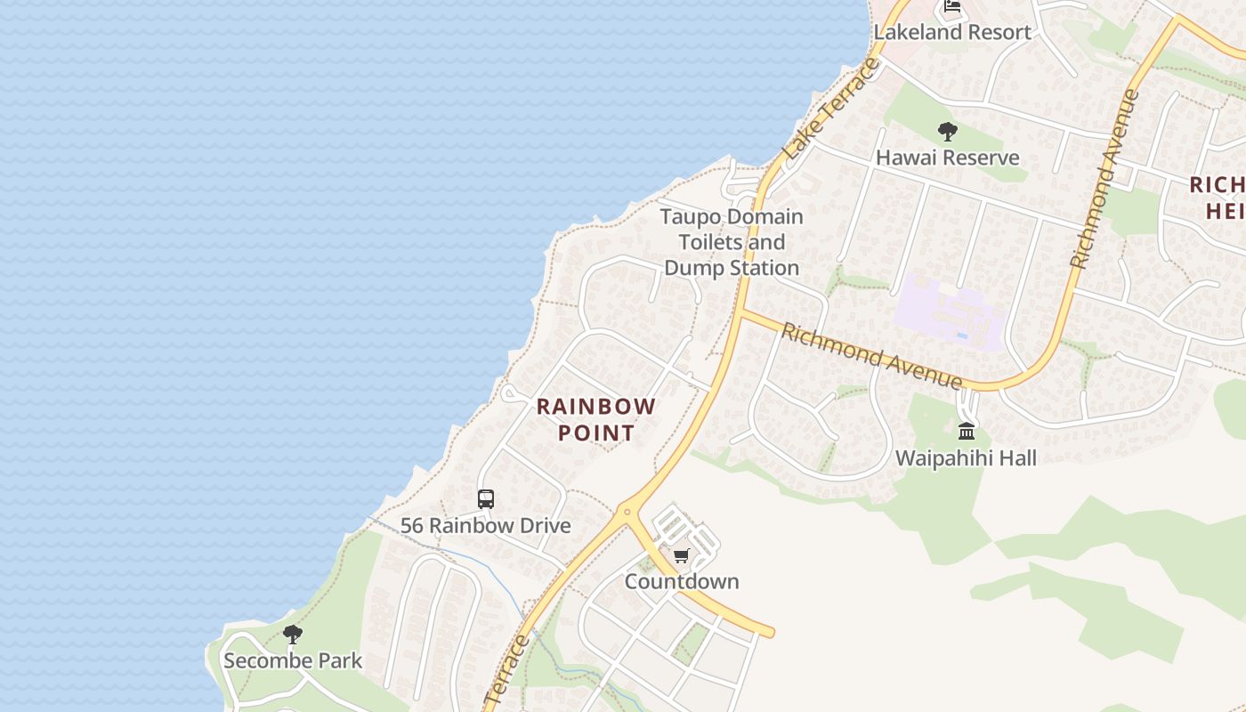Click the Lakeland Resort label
tap(952, 32)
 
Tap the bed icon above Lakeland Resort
tap(952, 7)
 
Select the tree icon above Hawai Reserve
tap(947, 132)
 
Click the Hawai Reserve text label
tap(948, 158)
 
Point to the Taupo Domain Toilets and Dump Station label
tap(732, 242)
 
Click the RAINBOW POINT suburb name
tap(596, 420)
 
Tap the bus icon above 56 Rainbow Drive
tap(485, 499)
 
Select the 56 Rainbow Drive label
tap(485, 525)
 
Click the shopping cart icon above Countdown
tap(681, 556)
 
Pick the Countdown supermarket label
tap(682, 581)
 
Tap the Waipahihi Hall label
tap(966, 458)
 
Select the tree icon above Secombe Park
tap(292, 635)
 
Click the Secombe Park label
tap(293, 660)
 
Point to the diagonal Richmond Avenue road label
tap(871, 356)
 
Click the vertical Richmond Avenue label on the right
tap(1104, 178)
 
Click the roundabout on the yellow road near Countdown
tap(627, 511)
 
